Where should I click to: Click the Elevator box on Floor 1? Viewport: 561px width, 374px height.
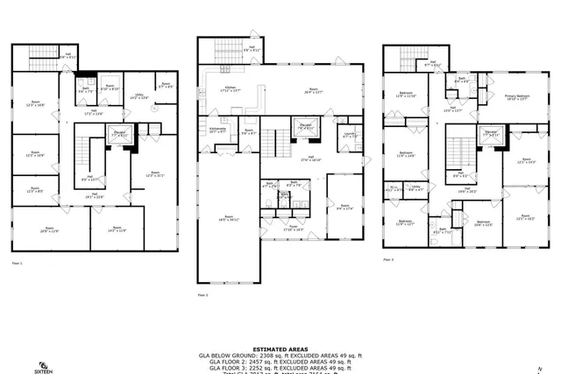pyautogui.click(x=117, y=134)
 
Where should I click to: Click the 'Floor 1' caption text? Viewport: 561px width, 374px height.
pyautogui.click(x=18, y=262)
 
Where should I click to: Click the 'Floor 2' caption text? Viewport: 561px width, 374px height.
pyautogui.click(x=202, y=295)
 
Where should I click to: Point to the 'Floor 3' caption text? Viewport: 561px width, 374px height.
pyautogui.click(x=387, y=259)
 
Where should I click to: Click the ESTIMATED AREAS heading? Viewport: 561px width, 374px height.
pyautogui.click(x=280, y=347)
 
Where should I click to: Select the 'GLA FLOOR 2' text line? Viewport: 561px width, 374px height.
pyautogui.click(x=280, y=361)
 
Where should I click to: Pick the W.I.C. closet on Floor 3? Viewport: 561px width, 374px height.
pyautogui.click(x=394, y=187)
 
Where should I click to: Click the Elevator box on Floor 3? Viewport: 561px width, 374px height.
pyautogui.click(x=490, y=135)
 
